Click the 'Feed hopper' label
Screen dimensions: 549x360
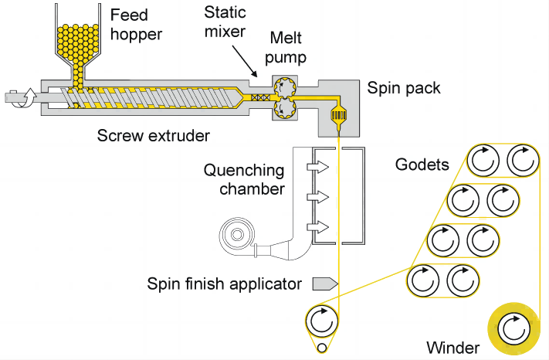point(136,25)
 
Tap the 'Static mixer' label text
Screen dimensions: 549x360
point(225,22)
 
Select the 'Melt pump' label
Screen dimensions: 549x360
point(286,47)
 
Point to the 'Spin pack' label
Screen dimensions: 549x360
point(403,87)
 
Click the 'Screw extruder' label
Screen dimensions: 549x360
point(154,135)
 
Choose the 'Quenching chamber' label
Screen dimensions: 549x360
point(244,180)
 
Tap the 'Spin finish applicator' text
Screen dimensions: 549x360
point(224,284)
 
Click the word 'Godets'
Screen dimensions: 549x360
point(422,165)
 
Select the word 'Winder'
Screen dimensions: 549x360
point(452,348)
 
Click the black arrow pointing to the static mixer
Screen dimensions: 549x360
point(245,60)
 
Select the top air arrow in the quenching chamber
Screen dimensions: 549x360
point(318,167)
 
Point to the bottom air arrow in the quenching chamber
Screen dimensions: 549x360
point(318,227)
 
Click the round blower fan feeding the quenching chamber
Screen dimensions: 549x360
point(236,234)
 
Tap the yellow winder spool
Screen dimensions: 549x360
point(514,328)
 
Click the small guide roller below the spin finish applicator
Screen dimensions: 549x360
point(322,348)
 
